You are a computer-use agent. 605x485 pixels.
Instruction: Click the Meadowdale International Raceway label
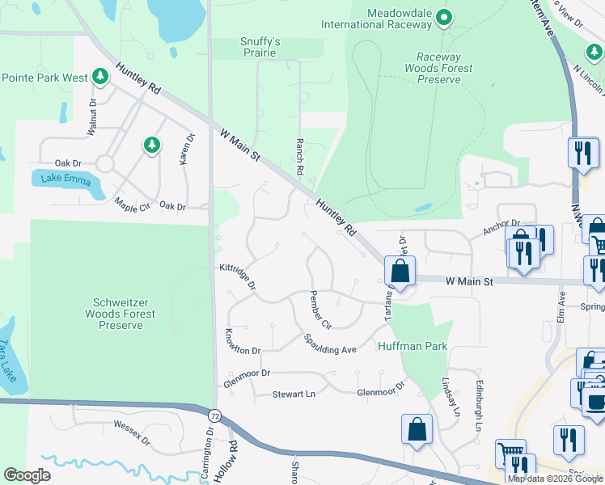point(400,19)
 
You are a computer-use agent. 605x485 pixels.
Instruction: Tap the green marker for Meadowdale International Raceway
point(443,17)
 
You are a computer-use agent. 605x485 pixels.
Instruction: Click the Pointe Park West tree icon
point(100,78)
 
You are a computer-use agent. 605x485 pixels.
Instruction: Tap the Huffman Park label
point(412,347)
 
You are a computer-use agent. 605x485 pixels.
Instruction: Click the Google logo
point(27,475)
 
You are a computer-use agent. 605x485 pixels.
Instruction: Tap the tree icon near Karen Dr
point(150,145)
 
